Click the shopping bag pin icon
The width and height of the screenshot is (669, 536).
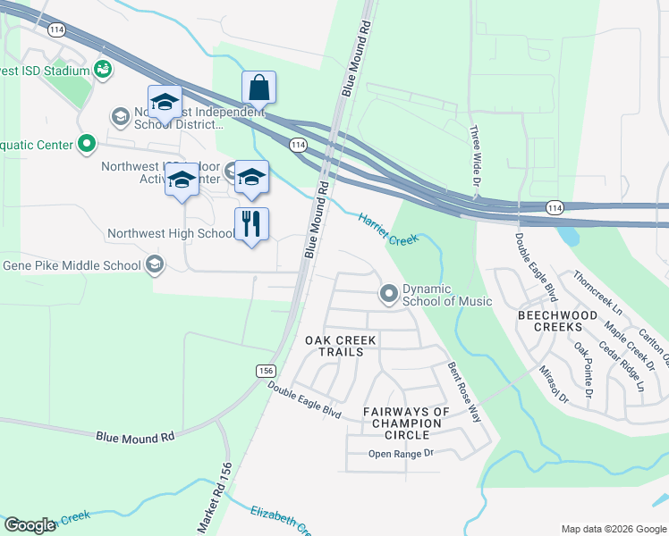(258, 88)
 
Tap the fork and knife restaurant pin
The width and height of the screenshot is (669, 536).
(251, 223)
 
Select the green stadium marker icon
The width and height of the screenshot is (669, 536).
(102, 69)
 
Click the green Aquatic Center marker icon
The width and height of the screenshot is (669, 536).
(87, 143)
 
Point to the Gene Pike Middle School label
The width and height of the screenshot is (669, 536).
(72, 265)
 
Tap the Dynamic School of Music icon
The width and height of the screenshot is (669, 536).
(389, 293)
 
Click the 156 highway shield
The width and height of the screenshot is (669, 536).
(266, 370)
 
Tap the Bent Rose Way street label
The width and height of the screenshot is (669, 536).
(464, 392)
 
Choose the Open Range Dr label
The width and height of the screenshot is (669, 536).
(401, 454)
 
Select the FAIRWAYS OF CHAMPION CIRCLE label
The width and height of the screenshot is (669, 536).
(406, 423)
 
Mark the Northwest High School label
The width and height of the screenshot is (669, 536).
(171, 234)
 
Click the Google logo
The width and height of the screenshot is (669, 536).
(30, 525)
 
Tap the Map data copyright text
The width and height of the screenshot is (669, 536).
(613, 529)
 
